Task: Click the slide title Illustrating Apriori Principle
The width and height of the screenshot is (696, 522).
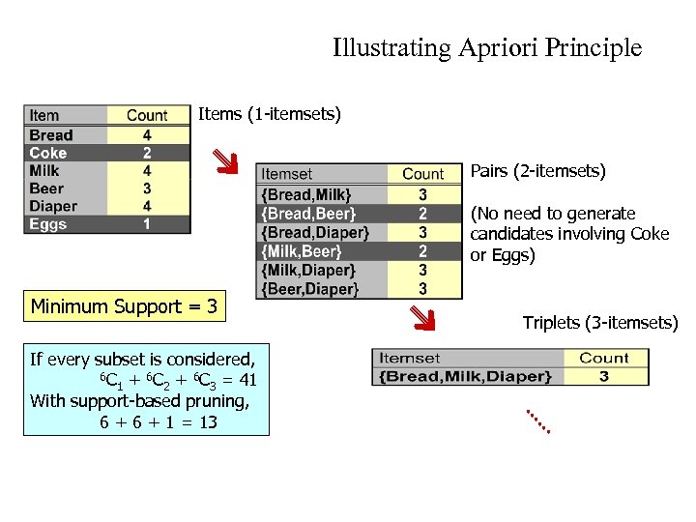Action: (x=486, y=47)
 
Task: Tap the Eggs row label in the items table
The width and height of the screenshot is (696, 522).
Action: (x=48, y=224)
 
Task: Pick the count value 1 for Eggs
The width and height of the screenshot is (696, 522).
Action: (x=146, y=224)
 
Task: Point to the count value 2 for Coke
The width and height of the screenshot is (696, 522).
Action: (x=146, y=153)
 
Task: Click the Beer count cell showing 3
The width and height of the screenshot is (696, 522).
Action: (x=146, y=188)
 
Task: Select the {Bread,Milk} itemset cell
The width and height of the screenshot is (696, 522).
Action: (x=306, y=194)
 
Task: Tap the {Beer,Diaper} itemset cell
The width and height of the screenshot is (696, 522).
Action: (x=309, y=288)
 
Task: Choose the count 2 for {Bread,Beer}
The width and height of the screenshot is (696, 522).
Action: (x=422, y=213)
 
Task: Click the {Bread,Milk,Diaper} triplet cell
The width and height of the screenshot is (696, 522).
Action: (x=466, y=375)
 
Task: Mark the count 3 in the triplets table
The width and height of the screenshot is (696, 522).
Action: (x=603, y=375)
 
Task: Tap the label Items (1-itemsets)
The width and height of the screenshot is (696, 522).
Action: (x=270, y=115)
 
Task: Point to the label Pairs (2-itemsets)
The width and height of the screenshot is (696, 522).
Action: (x=537, y=172)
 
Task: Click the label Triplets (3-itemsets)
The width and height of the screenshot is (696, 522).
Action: (x=600, y=322)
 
